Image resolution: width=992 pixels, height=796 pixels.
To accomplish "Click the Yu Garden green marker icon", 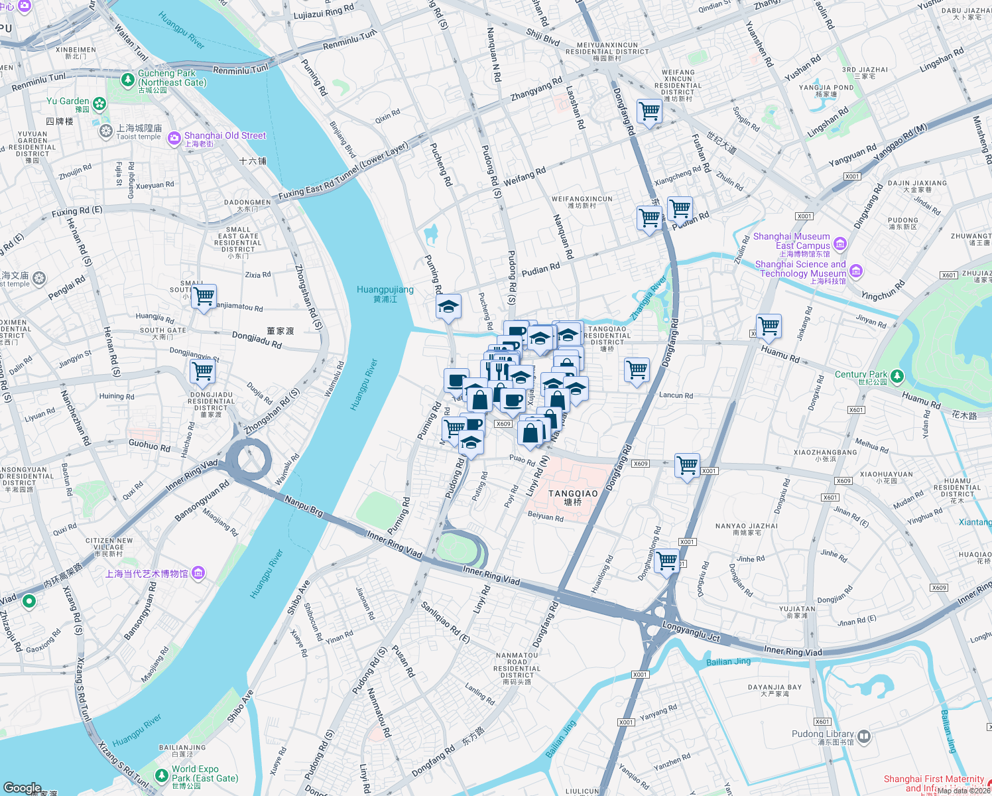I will point(99,103).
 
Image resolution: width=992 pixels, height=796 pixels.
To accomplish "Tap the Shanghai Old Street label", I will point(225,136).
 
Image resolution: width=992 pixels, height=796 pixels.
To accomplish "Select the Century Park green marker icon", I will point(897,376).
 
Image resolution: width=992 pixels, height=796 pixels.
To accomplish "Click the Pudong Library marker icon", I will point(863,736).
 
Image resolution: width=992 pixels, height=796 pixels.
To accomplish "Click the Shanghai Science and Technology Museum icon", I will point(855,271).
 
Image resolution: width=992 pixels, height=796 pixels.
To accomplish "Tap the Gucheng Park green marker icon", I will point(128,80).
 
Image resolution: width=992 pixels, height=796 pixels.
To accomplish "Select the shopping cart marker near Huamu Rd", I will point(769,326).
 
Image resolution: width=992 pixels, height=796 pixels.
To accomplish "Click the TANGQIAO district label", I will point(573,494).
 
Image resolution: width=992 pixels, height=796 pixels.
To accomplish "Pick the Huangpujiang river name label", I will point(385,294).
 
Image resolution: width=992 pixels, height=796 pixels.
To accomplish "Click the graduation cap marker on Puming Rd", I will point(449,307).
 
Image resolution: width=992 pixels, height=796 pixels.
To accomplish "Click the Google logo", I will point(22,788).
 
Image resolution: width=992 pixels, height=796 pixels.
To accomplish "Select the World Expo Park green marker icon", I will point(161,775).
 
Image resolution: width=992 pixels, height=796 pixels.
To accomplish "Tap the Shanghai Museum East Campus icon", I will point(840,243).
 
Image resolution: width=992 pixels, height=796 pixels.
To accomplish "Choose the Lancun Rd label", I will point(676,395).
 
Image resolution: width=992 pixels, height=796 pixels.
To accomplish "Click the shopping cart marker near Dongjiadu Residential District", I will point(202,372).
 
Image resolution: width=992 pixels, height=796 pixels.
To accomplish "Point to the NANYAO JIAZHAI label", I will point(746,529).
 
